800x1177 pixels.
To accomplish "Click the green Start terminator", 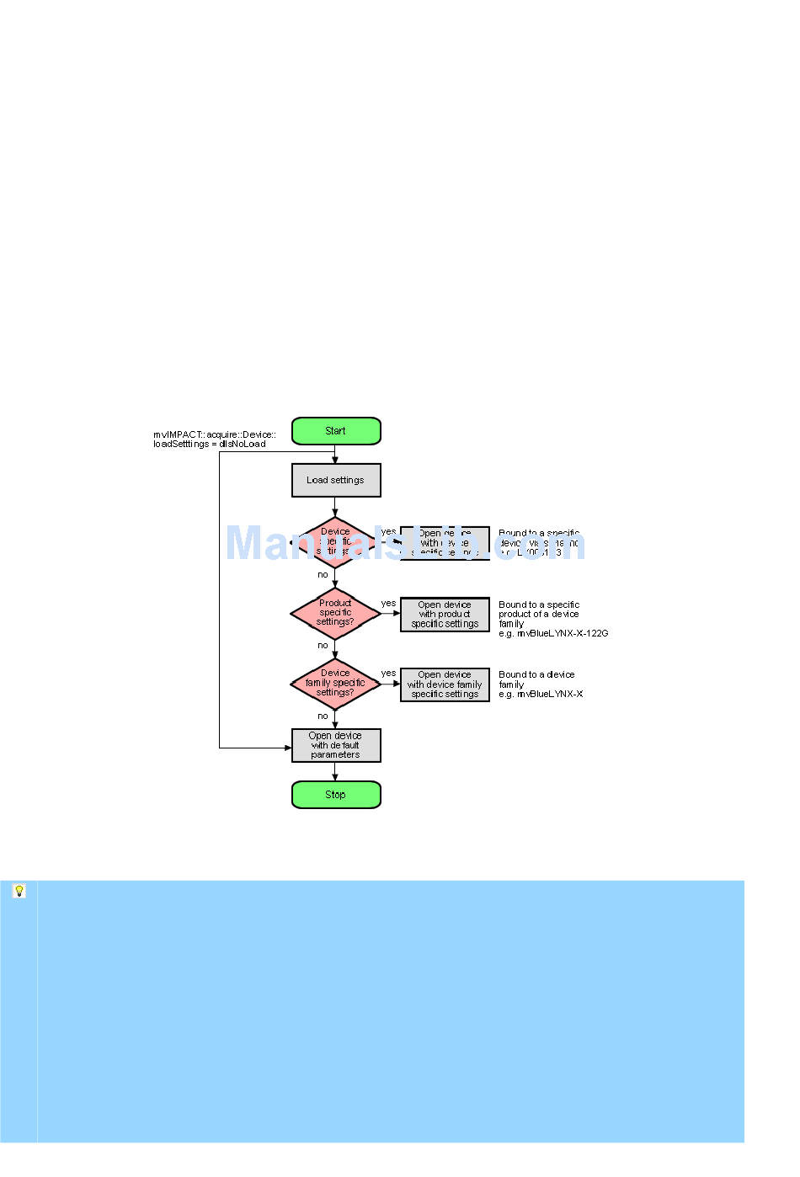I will click(336, 431).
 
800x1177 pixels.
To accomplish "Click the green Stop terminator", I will click(336, 795).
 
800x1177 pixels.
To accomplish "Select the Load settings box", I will click(336, 481).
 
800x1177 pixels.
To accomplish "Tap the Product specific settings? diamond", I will click(335, 613).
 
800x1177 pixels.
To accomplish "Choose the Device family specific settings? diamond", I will click(335, 683).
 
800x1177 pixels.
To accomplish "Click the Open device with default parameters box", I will click(336, 745).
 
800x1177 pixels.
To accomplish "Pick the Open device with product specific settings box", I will click(445, 615).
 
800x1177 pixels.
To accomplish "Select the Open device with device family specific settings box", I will click(445, 684).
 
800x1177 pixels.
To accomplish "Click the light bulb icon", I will click(19, 891).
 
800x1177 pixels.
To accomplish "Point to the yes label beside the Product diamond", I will click(388, 604).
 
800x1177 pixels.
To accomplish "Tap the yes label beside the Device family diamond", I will click(388, 674).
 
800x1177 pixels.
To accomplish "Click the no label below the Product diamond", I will click(323, 646).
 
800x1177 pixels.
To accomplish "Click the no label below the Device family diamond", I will click(323, 716).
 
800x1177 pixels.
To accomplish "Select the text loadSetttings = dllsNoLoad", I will click(209, 445).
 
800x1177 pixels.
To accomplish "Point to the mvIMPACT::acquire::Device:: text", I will click(214, 435).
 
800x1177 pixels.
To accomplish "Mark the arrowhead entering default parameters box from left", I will click(287, 748).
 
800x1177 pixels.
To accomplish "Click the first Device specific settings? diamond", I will click(335, 542).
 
